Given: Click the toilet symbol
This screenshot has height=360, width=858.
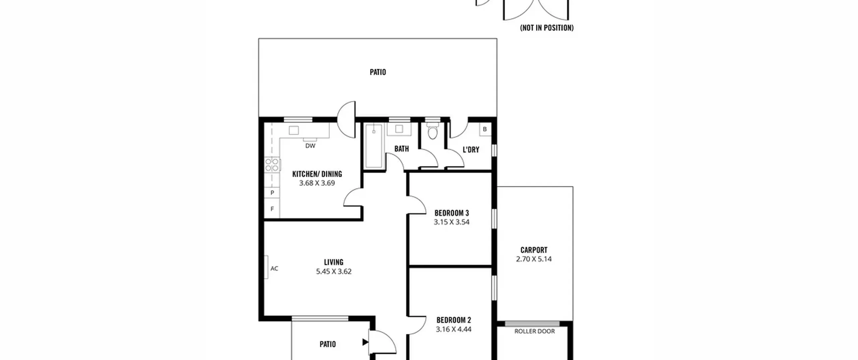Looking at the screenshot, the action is (x=433, y=131).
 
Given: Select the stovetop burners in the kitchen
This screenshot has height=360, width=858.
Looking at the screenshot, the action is (x=272, y=165).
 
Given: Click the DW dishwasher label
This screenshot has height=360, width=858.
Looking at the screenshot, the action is (x=310, y=146).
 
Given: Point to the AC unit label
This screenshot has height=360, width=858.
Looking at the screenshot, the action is (x=274, y=269).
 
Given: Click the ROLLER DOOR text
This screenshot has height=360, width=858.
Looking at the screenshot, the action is (x=535, y=331).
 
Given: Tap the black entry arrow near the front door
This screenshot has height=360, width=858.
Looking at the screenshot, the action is (x=365, y=342).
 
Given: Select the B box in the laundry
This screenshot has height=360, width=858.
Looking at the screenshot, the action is (x=485, y=129).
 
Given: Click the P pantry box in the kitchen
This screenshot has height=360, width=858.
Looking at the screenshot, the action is (x=272, y=193).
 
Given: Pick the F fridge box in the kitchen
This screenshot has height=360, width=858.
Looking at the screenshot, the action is (x=272, y=209).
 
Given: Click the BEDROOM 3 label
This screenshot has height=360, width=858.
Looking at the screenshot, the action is (x=451, y=213).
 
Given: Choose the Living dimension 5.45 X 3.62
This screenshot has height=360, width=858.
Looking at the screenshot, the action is (x=334, y=272).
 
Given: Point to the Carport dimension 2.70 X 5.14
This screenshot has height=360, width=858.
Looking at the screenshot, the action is (x=534, y=259).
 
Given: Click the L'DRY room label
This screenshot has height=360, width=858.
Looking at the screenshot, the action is (x=471, y=150).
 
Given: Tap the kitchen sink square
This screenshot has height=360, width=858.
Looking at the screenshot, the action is (x=294, y=130).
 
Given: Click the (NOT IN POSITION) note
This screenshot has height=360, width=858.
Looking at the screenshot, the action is (x=547, y=28).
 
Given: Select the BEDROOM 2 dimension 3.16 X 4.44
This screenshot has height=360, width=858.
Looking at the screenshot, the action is (x=453, y=330).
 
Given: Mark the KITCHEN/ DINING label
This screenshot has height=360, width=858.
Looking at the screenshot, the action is (x=317, y=174).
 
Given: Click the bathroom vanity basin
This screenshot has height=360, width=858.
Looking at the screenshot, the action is (x=399, y=129).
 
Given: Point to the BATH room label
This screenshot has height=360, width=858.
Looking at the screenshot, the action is (x=402, y=149).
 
